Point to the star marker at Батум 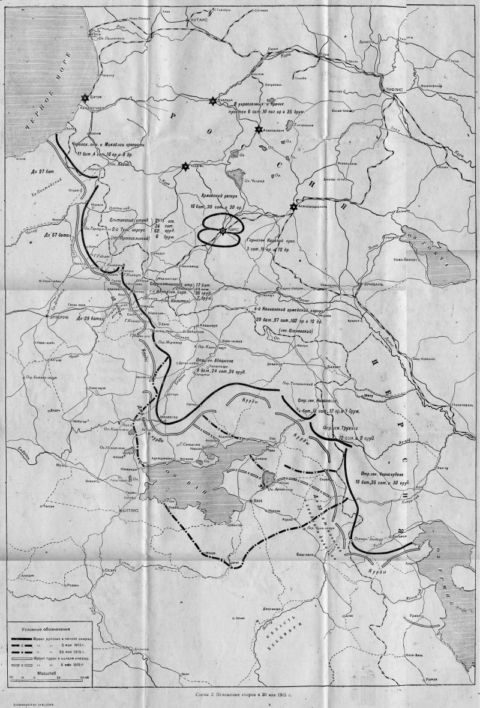pyautogui.click(x=86, y=98)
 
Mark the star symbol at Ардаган pyautogui.click(x=186, y=166)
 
